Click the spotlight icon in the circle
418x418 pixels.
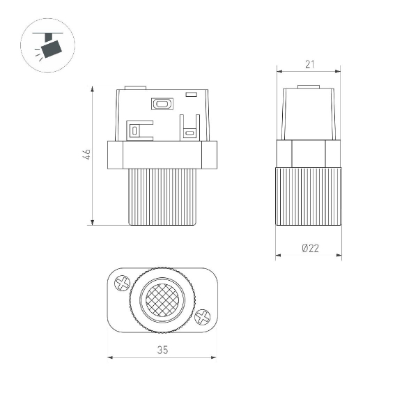(48, 46)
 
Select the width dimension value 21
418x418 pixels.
(309, 64)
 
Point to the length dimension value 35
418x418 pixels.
(162, 350)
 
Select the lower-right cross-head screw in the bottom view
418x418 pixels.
(202, 317)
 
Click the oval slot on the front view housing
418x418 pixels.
(162, 104)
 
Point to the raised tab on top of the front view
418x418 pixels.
(134, 88)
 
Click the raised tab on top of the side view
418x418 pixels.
(309, 88)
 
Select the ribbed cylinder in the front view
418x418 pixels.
(162, 197)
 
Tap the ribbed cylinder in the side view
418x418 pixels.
(309, 197)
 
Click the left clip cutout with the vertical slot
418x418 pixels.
(135, 129)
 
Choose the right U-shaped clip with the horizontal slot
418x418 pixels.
(189, 130)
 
